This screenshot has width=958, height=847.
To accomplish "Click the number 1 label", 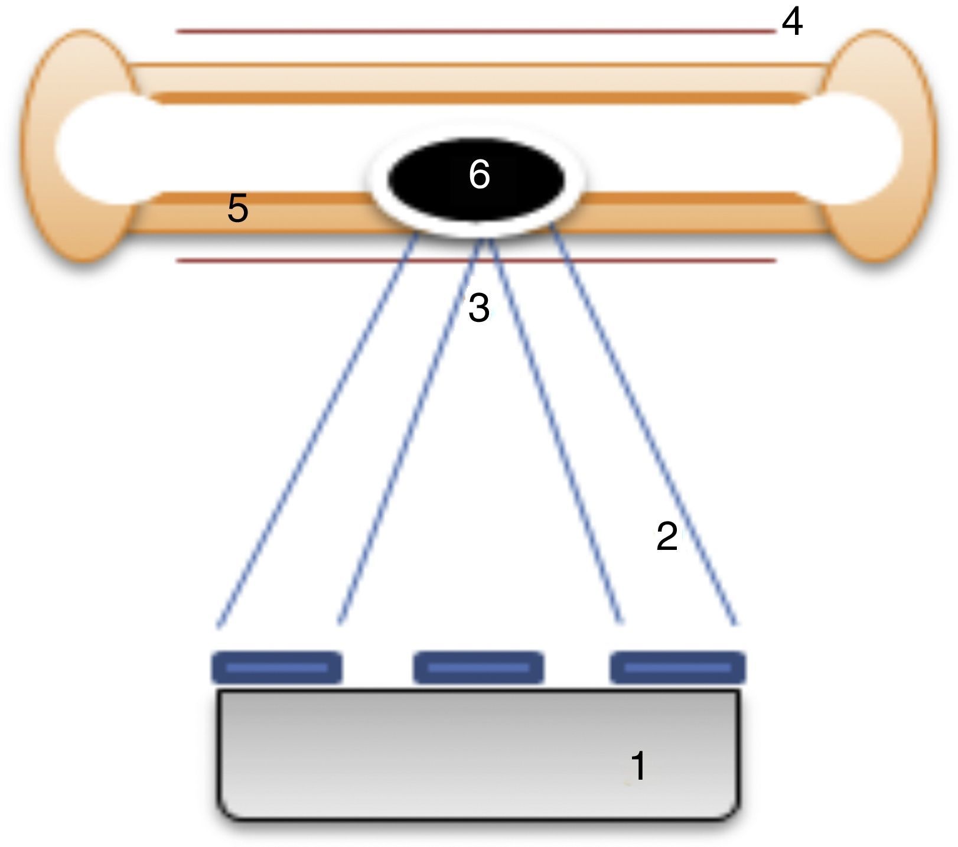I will (x=638, y=766).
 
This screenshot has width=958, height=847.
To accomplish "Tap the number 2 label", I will (x=667, y=536).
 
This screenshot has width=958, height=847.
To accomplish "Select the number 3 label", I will (x=478, y=307).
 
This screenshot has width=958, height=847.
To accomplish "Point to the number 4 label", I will (x=792, y=22).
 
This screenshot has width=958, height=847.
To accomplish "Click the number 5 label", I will (x=237, y=209).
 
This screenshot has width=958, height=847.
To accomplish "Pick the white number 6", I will (x=479, y=175).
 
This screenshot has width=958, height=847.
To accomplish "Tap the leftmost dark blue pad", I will (x=276, y=667).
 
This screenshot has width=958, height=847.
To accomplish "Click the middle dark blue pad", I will (x=478, y=667).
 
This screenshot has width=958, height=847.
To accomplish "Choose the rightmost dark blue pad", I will (x=677, y=667).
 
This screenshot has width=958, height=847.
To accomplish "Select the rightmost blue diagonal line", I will (x=644, y=425).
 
